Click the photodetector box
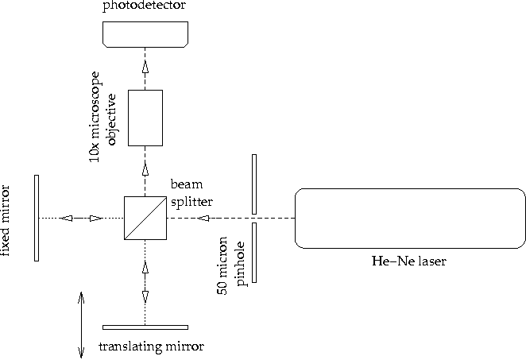click(x=145, y=33)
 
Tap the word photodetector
click(x=145, y=6)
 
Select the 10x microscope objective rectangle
click(x=145, y=118)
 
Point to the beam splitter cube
click(x=145, y=218)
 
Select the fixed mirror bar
click(x=37, y=217)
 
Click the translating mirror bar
click(x=145, y=327)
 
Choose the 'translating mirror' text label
click(x=150, y=346)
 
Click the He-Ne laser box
click(x=409, y=218)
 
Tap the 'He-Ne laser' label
click(x=408, y=261)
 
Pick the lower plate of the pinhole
click(x=254, y=252)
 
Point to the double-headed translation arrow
click(x=81, y=324)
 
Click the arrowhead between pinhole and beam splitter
click(x=205, y=218)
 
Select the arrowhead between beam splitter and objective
click(x=145, y=169)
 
